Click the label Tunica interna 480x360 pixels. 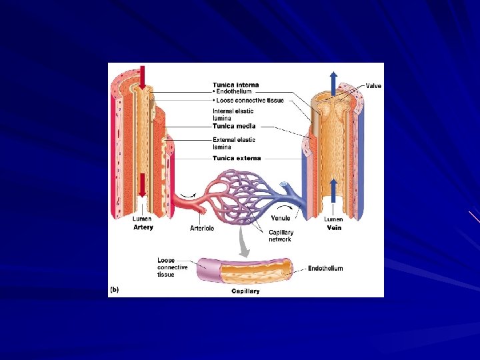click(236, 85)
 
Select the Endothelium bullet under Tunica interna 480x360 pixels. click(233, 92)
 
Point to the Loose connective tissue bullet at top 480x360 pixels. click(249, 101)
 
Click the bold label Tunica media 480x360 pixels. click(234, 126)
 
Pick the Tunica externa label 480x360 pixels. click(237, 158)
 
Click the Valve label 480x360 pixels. click(373, 86)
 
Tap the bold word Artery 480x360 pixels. click(143, 227)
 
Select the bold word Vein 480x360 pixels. click(334, 227)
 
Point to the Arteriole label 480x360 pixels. click(202, 228)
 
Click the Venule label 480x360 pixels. click(281, 219)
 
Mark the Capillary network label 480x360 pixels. click(281, 236)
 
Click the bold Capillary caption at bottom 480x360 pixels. click(245, 291)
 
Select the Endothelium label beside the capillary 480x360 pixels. click(325, 269)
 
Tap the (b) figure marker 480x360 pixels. click(114, 291)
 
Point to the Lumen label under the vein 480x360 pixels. click(333, 219)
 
